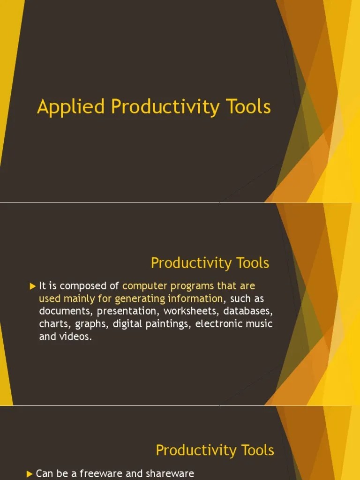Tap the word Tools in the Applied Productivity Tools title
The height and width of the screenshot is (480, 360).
[249, 106]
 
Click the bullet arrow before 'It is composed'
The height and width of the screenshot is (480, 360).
[32, 285]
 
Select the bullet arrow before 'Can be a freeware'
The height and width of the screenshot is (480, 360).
[30, 473]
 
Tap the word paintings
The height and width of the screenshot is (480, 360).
[168, 324]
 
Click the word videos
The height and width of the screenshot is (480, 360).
[75, 337]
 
